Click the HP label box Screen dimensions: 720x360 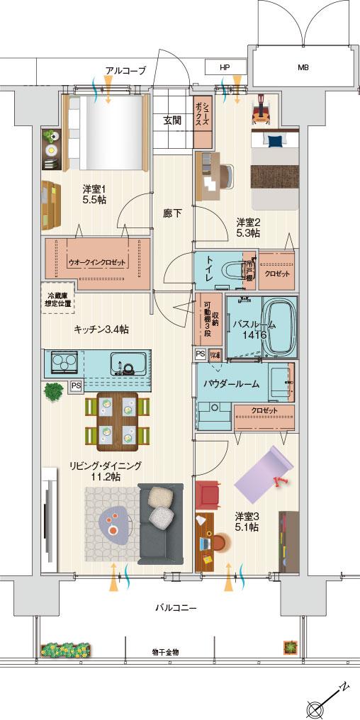pos(225,67)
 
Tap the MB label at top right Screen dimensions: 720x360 pos(303,68)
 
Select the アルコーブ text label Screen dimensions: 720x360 pos(125,70)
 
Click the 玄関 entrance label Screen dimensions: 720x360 pos(172,120)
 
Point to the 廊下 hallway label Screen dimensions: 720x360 pos(172,212)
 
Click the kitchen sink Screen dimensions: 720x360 pos(127,364)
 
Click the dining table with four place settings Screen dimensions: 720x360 pos(117,420)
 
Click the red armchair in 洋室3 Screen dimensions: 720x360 pos(209,493)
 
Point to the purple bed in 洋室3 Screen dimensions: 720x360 pos(263,475)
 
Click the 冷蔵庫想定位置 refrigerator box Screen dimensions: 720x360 pos(60,298)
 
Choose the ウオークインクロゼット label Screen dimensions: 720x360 pos(96,261)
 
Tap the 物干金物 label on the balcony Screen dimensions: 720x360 pos(165,651)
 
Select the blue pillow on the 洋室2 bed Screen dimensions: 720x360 pos(272,140)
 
